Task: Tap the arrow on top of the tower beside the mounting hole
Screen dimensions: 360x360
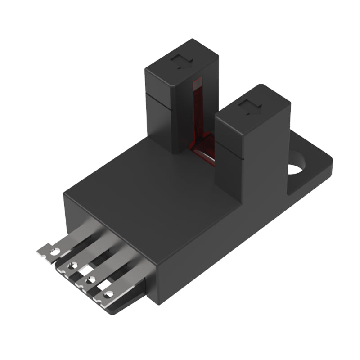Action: click(250, 108)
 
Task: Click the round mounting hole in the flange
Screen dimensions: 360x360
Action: click(296, 168)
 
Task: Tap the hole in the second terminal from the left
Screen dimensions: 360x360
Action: click(71, 266)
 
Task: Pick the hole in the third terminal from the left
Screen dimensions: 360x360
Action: click(90, 280)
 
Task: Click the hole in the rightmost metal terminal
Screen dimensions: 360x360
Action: click(108, 295)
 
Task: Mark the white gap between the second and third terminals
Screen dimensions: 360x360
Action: click(85, 271)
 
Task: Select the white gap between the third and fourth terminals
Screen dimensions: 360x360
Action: click(103, 285)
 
